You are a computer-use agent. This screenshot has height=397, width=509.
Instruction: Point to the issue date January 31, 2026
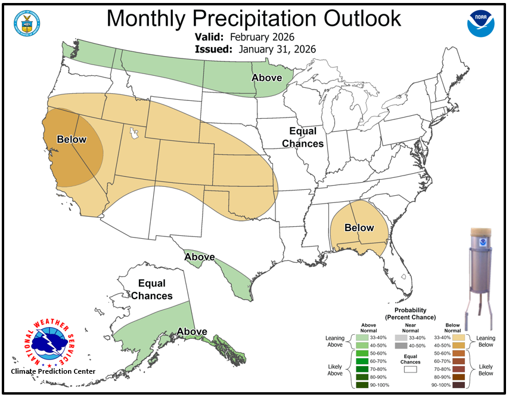coord(277,49)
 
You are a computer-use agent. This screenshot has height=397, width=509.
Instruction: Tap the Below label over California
coord(72,140)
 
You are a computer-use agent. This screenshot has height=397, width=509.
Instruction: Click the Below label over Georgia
coord(359,227)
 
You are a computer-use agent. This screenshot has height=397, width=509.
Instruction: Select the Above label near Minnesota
coord(266,78)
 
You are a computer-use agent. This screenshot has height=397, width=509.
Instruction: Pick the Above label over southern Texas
coord(199,257)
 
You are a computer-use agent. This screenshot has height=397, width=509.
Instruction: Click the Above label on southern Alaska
coord(192,332)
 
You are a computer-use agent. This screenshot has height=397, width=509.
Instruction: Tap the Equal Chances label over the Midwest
coord(303,137)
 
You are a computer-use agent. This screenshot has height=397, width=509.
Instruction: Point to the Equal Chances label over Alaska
coord(151,290)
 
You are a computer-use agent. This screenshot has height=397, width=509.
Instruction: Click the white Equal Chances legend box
coord(410,370)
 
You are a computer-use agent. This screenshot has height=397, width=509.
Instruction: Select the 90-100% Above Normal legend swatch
coord(362,385)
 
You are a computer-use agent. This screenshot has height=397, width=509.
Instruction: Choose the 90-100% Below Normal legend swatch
coord(458,385)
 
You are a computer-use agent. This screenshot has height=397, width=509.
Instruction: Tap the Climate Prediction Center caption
coord(53,371)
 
